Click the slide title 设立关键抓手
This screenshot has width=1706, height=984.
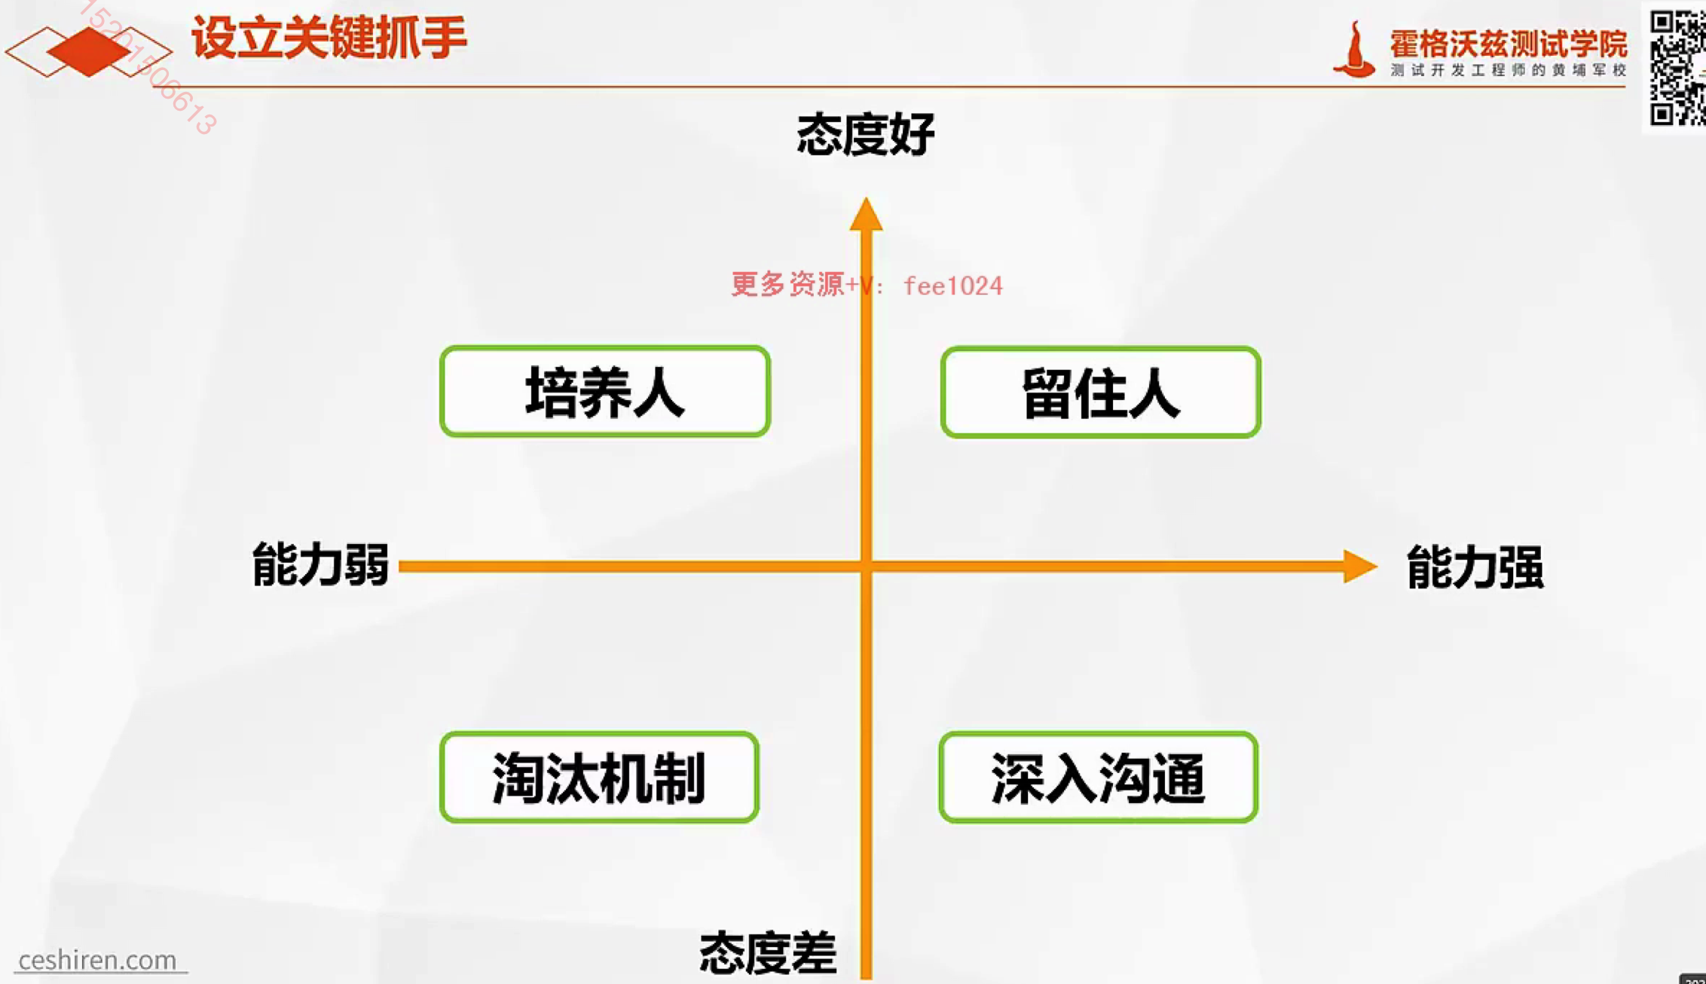[x=329, y=38]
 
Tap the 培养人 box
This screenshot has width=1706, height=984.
[x=604, y=392]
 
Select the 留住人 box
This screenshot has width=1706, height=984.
[x=1100, y=393]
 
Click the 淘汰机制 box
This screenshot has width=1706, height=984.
[x=599, y=778]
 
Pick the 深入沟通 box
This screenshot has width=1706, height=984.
[x=1098, y=778]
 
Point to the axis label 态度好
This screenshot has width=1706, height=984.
[x=866, y=135]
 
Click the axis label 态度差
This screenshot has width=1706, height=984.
[x=768, y=952]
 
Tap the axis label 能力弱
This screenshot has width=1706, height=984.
[x=320, y=564]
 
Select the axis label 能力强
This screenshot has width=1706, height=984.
[x=1475, y=567]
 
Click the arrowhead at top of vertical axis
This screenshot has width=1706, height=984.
[x=866, y=215]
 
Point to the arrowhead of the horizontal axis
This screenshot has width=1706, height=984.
[x=1359, y=567]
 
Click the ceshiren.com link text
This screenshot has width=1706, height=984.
[x=97, y=960]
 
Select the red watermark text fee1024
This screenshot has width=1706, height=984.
[x=952, y=286]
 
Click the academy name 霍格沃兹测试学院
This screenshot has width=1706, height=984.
[x=1508, y=44]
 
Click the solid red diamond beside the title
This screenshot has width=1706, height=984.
[x=88, y=51]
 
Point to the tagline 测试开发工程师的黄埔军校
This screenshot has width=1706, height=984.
[x=1508, y=70]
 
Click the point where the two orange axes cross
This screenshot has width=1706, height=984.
[x=866, y=567]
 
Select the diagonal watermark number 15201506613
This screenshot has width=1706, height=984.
[x=151, y=68]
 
